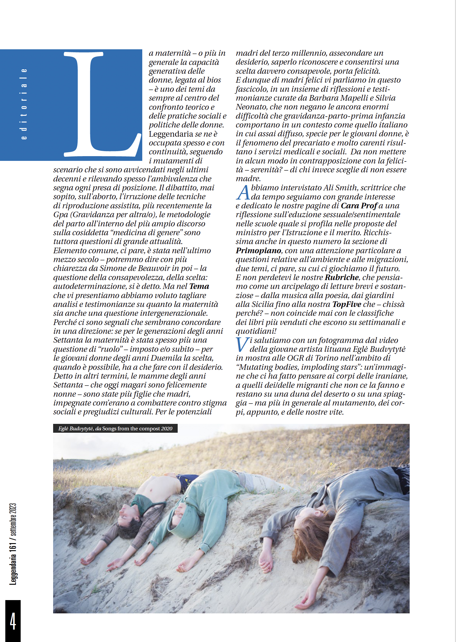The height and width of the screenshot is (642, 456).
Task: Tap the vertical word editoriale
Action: (x=24, y=104)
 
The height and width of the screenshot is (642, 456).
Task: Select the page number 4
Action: (x=13, y=621)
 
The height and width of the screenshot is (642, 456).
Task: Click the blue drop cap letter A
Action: (x=243, y=192)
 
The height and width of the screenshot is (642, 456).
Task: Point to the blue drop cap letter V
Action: (x=242, y=345)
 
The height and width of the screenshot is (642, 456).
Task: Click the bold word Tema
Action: (x=199, y=286)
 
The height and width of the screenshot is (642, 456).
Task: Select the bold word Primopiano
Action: (x=258, y=251)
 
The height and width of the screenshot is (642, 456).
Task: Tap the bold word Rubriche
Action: (x=341, y=277)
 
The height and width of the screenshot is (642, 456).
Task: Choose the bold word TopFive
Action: (x=347, y=304)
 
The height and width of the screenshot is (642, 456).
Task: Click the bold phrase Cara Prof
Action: (x=359, y=206)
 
